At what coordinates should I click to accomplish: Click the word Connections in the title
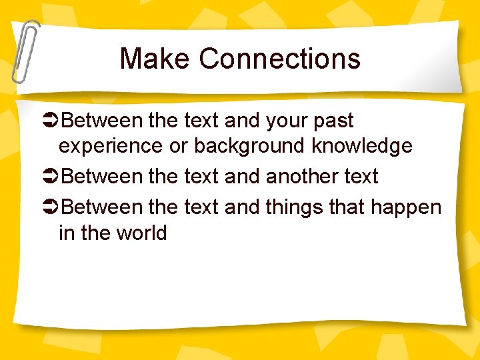[x=279, y=59]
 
